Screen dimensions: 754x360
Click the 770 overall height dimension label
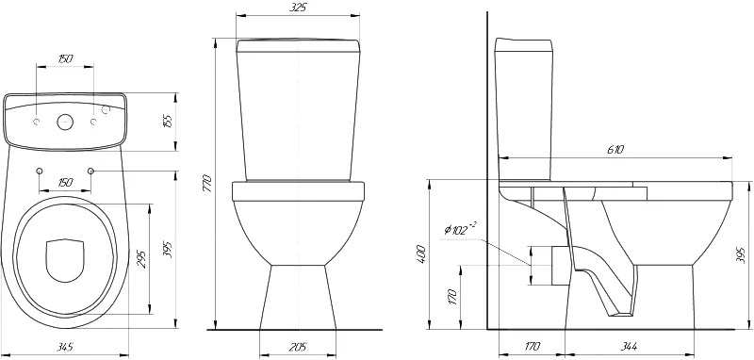(x=206, y=183)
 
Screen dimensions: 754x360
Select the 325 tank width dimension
(x=298, y=8)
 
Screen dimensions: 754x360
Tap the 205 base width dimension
(x=298, y=347)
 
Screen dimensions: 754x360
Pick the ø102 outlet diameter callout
(x=460, y=230)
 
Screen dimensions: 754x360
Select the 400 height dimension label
(x=421, y=255)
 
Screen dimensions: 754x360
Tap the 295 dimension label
(x=141, y=258)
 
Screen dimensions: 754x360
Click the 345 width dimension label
(x=64, y=347)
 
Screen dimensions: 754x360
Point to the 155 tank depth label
(x=169, y=121)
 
